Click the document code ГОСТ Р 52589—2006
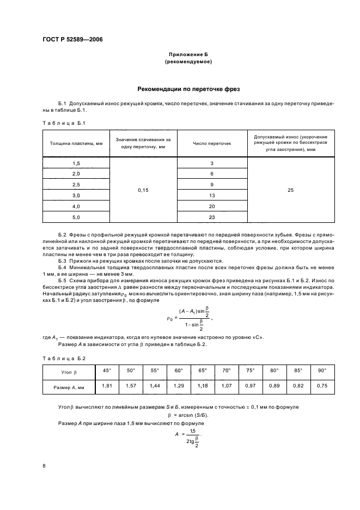pos(72,40)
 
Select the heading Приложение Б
pos(188,56)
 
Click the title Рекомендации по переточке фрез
pos(188,88)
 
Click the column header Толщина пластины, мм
pos(76,143)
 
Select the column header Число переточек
pos(212,143)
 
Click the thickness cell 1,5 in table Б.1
pos(76,163)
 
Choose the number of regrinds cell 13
pos(212,195)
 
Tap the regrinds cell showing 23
pos(212,217)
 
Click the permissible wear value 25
pos(290,190)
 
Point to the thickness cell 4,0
pos(76,206)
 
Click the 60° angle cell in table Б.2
pos(178,371)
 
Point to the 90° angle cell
pos(322,371)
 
